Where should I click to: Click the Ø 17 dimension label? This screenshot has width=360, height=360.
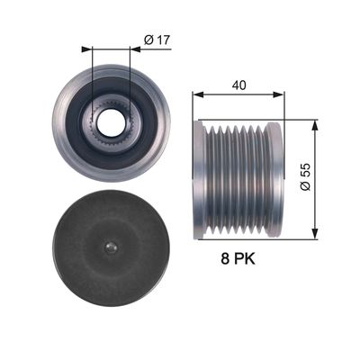click(x=157, y=40)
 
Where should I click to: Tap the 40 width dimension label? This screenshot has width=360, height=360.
click(x=238, y=85)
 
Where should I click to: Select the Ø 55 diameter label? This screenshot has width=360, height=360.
click(x=305, y=177)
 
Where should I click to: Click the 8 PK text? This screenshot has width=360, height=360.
click(x=238, y=258)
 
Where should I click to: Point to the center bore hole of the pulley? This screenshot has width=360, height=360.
click(x=111, y=122)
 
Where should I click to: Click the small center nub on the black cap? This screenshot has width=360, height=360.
click(x=112, y=247)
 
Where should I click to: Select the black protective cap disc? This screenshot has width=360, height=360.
click(x=112, y=247)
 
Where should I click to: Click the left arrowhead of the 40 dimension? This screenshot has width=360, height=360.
click(x=198, y=94)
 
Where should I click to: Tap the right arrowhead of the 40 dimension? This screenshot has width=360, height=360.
click(x=277, y=94)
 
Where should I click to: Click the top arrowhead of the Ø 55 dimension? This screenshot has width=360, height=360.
click(x=315, y=126)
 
